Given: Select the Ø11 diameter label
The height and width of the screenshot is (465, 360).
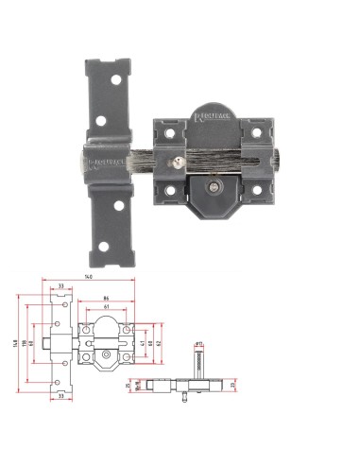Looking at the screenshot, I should (x=199, y=336).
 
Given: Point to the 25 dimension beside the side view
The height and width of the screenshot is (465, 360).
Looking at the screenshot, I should (x=230, y=386).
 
